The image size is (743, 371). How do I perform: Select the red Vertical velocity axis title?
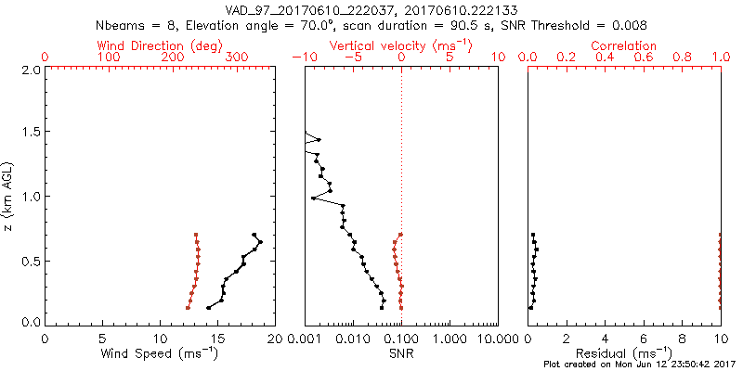click(401, 45)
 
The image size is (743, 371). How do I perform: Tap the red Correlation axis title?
click(624, 45)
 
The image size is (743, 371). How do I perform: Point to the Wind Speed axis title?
click(160, 353)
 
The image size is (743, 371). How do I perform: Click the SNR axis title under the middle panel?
click(401, 353)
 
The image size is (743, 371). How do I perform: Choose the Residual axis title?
click(624, 353)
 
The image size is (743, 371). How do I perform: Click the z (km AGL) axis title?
click(8, 194)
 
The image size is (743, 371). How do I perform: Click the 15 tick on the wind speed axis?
click(160, 339)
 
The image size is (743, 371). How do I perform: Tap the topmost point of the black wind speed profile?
click(254, 235)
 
